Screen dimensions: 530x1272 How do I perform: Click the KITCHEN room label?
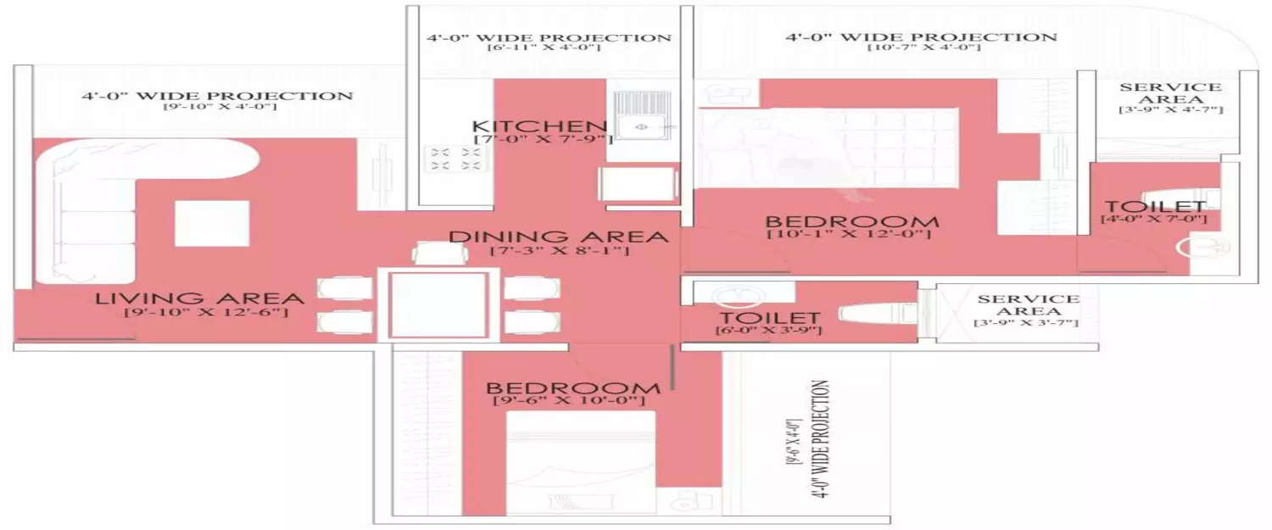tap(540, 126)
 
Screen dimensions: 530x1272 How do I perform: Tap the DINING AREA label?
tap(558, 236)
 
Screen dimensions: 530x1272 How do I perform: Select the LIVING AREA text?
tap(199, 298)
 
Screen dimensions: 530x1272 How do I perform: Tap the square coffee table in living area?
tap(212, 223)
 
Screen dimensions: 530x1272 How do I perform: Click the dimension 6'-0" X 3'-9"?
tap(768, 330)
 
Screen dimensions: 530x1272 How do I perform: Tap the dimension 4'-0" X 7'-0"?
tap(1152, 220)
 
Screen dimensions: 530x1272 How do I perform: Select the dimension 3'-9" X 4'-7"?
tap(1170, 110)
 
